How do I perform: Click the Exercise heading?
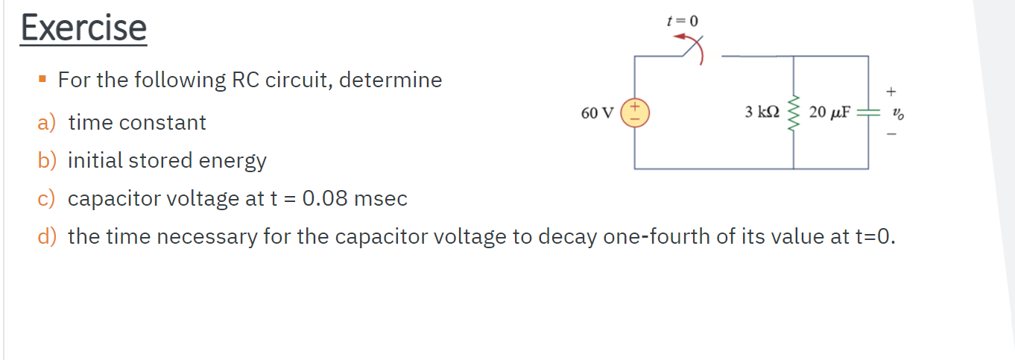[83, 28]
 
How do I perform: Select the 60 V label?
[597, 113]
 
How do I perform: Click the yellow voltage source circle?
[635, 113]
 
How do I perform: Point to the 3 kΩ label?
[761, 113]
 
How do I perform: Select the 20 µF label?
[829, 113]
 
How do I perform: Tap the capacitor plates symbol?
[867, 113]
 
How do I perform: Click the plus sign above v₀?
[891, 91]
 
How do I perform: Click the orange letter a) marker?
[46, 123]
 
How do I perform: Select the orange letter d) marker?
[46, 237]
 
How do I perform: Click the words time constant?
[137, 123]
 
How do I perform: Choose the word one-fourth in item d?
[644, 237]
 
